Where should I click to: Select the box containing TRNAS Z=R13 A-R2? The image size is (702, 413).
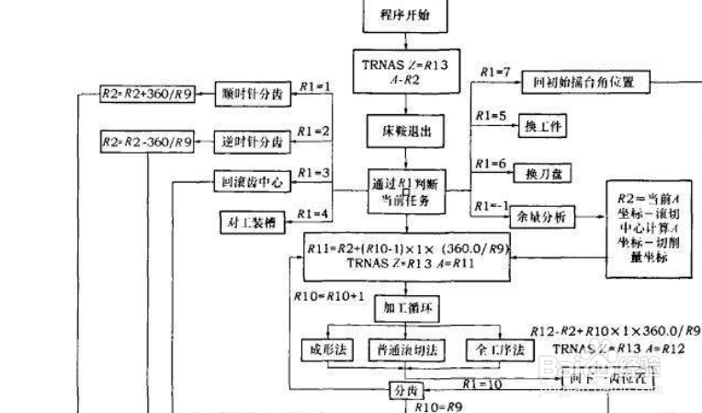tap(406, 70)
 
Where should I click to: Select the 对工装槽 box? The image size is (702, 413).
tap(252, 221)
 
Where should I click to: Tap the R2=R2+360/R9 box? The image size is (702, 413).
tap(147, 94)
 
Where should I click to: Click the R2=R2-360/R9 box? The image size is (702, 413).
tap(147, 142)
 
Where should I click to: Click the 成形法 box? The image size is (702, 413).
tap(327, 350)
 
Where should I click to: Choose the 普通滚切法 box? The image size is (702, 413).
tap(407, 350)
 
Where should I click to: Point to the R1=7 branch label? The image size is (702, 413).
tap(494, 72)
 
